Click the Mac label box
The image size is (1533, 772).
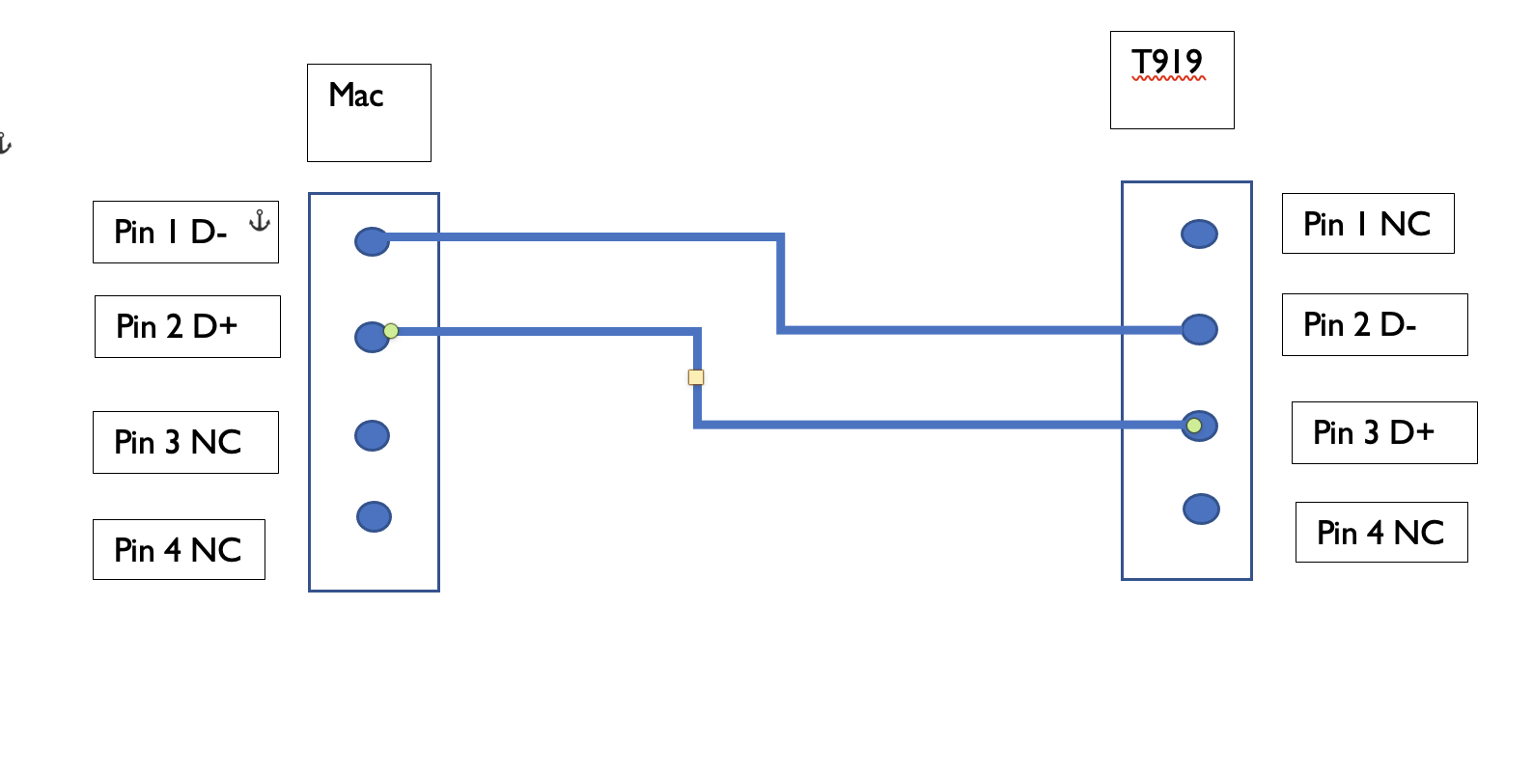click(369, 112)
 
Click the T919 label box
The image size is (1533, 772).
click(1172, 79)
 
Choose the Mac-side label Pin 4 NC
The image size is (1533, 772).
click(179, 549)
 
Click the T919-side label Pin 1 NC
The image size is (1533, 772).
click(1368, 223)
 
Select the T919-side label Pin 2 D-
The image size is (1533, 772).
click(1375, 324)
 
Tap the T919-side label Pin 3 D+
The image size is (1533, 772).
click(1384, 432)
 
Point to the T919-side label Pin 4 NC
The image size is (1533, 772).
click(1381, 532)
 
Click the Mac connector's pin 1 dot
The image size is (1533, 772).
click(372, 241)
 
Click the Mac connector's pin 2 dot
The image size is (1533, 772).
click(371, 337)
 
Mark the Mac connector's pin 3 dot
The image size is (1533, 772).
click(372, 435)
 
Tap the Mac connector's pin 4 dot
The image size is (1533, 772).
click(374, 516)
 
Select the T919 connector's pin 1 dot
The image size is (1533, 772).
click(1199, 234)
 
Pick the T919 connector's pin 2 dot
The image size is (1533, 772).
click(1199, 329)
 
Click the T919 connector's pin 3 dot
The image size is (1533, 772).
click(1200, 426)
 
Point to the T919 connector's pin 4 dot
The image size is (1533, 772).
click(1201, 509)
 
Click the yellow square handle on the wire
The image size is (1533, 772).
click(696, 377)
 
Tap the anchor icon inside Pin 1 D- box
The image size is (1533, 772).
click(259, 221)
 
